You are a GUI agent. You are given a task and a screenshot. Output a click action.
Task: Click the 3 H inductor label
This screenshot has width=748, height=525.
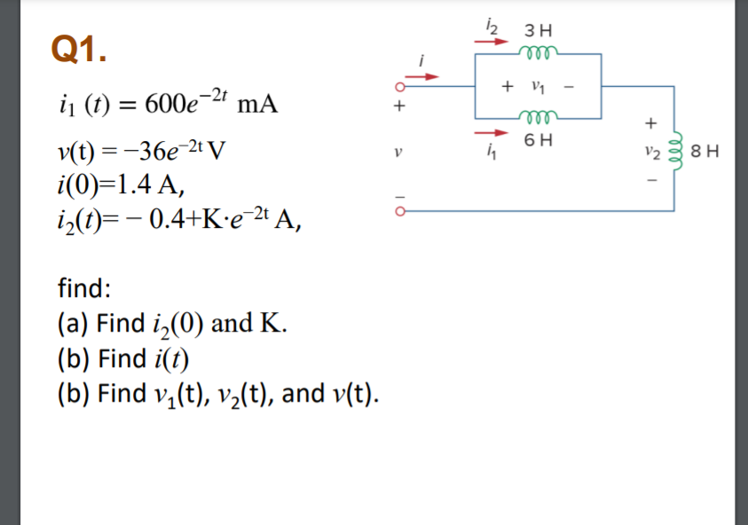[x=539, y=30]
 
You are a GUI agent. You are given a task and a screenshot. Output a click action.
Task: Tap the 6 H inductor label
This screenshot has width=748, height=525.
[x=539, y=139]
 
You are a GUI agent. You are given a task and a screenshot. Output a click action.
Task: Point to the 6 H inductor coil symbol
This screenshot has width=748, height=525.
[x=539, y=118]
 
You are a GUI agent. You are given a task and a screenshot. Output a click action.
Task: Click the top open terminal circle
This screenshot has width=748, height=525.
[x=400, y=88]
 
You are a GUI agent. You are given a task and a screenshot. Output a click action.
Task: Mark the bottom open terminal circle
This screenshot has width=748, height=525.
[x=400, y=211]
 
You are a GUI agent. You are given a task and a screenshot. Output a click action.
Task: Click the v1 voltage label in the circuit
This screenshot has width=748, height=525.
[x=533, y=86]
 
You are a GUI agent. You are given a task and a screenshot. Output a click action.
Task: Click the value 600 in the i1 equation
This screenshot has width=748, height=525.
[x=165, y=105]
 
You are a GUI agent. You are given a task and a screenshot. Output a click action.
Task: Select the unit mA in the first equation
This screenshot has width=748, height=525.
[x=258, y=105]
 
